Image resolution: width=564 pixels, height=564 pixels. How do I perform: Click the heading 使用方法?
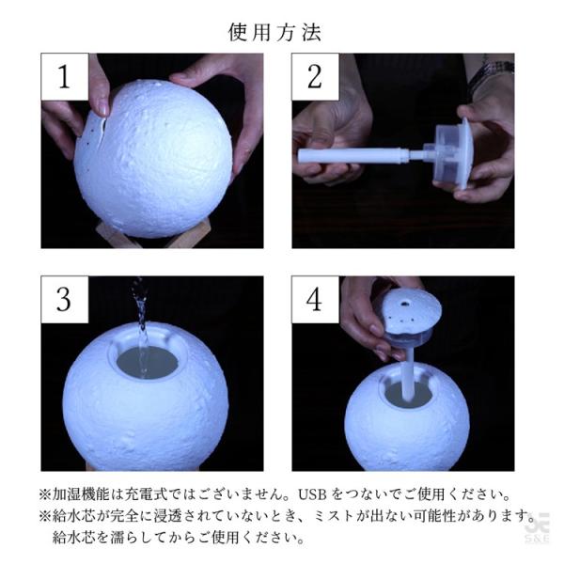coord(274,33)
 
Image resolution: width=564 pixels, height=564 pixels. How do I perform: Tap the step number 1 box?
coord(65,77)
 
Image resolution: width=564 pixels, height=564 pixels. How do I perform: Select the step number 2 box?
coord(315,77)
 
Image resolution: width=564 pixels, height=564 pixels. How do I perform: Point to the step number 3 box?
coord(65,300)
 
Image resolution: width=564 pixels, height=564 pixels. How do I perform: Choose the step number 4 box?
coord(315,300)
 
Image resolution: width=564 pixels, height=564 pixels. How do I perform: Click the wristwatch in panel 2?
coord(491,73)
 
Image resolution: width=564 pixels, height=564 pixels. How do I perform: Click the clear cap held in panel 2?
coord(451,153)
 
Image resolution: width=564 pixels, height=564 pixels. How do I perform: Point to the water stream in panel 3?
coord(142,323)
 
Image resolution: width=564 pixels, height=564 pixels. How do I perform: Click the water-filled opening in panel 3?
coord(148,363)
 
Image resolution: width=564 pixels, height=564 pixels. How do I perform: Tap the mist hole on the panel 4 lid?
coord(405,304)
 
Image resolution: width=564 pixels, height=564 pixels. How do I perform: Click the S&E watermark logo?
coord(537,527)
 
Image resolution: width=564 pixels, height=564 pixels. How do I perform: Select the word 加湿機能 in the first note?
coord(81,494)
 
